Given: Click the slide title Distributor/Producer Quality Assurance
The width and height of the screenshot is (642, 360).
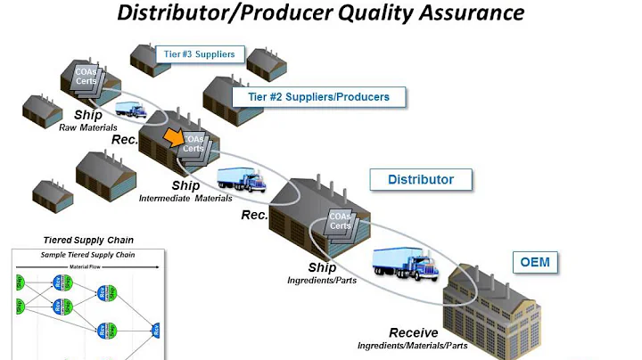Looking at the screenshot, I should click(x=321, y=14).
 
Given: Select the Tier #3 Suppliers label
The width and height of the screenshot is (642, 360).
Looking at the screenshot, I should click(x=200, y=54).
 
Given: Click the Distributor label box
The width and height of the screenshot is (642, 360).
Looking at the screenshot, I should click(x=421, y=179).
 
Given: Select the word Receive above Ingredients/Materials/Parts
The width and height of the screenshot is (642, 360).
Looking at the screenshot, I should click(x=414, y=332).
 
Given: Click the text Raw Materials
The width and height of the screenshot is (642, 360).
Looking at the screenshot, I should click(x=88, y=127).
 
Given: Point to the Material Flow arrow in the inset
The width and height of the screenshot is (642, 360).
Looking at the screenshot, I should click(x=86, y=265).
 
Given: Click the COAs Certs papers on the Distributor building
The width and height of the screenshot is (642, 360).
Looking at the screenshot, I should click(x=338, y=220).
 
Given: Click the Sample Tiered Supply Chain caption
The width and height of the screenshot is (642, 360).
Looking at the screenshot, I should click(x=86, y=254).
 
